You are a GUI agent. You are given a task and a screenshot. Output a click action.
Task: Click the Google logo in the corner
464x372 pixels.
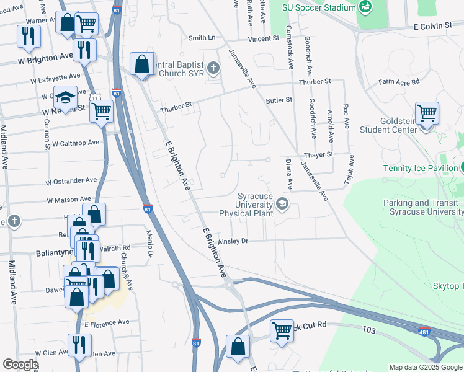pos(20,365)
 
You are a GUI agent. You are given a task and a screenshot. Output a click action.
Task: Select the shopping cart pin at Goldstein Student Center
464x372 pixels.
pos(427,114)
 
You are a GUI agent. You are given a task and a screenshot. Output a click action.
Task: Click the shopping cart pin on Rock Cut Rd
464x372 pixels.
pos(282,330)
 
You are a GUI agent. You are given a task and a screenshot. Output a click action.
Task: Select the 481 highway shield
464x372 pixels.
pos(424,332)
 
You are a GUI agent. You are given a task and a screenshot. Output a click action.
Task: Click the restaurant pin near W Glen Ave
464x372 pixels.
pos(79,345)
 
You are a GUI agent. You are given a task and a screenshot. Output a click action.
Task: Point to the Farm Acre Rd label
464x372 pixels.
pos(399,81)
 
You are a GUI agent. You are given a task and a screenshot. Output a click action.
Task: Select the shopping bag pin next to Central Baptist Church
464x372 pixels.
pos(142,64)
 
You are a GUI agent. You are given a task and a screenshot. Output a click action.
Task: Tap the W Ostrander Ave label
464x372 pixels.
pos(71,180)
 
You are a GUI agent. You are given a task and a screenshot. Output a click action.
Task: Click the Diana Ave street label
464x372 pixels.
pos(288,174)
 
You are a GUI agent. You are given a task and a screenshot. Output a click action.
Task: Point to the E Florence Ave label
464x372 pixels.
pos(107,322)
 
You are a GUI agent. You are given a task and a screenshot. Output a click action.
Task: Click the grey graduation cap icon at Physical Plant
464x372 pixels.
pos(282,204)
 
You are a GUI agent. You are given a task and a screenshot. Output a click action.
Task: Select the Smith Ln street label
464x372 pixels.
pos(202,38)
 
